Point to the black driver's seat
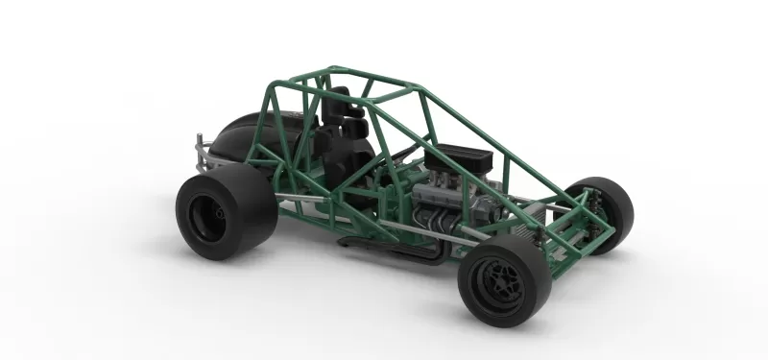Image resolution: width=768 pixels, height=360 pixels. [346, 154]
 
